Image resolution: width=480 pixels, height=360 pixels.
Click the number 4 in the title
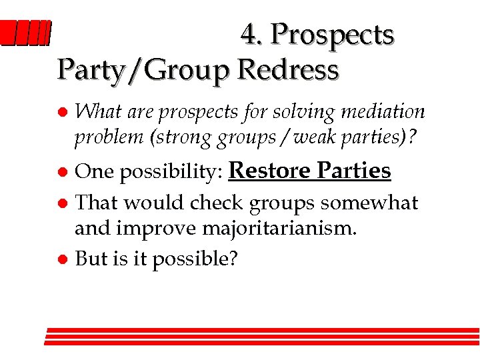251,35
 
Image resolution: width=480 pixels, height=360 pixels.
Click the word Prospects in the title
333,35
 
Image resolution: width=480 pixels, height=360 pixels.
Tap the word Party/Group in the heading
143,71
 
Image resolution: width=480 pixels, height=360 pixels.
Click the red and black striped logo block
25,33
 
